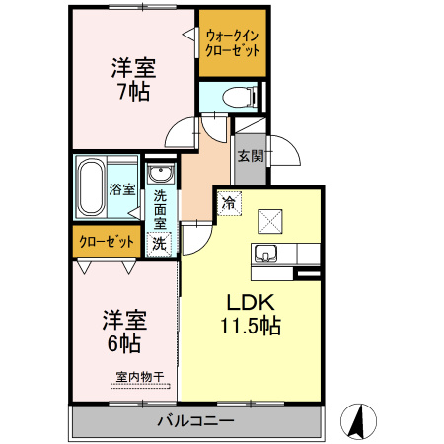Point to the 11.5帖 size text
251,326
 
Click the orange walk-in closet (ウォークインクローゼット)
233,43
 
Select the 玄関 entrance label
250,155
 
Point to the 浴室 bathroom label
122,189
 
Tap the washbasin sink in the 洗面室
159,175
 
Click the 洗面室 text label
160,210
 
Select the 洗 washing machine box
158,242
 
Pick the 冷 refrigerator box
228,204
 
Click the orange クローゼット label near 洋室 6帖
104,240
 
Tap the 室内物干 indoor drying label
139,376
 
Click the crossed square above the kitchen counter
269,219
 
